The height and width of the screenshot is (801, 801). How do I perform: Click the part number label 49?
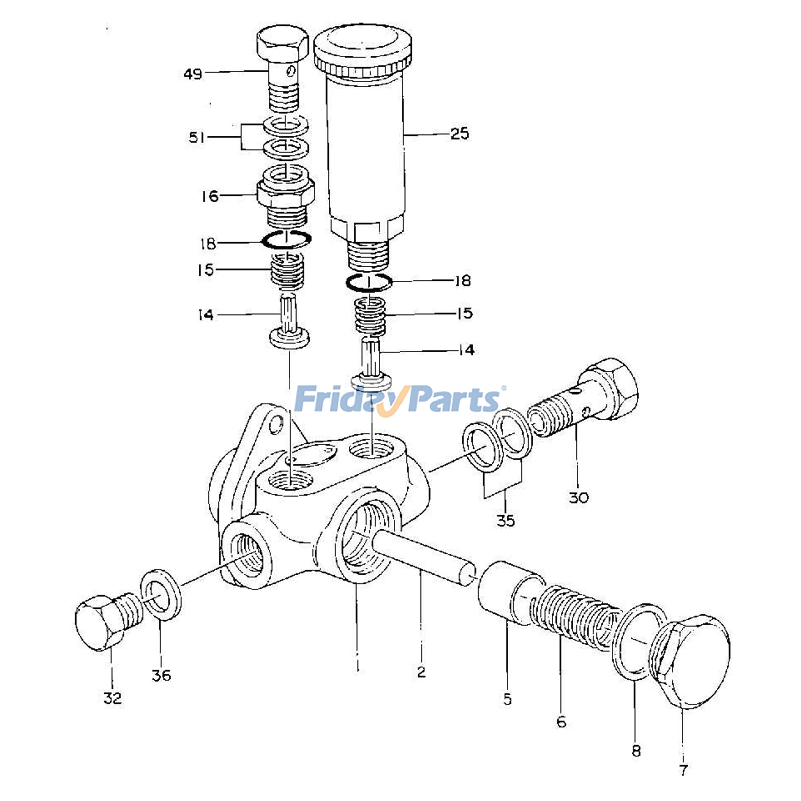[193, 74]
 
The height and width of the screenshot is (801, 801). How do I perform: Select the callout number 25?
[460, 134]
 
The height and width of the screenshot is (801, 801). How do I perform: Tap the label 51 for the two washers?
[197, 137]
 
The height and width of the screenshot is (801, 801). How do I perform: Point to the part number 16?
[210, 196]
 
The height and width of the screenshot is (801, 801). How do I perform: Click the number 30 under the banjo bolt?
[579, 497]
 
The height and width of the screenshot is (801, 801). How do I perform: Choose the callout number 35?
[505, 520]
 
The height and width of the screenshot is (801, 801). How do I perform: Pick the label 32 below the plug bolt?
[113, 698]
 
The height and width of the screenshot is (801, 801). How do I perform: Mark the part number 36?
[161, 675]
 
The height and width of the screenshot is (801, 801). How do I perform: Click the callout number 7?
[683, 770]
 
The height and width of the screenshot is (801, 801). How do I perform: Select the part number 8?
[636, 751]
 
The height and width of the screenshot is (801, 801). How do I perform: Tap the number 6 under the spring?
[561, 722]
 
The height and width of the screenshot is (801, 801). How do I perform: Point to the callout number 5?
[507, 699]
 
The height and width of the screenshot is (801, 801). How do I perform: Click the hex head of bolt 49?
[283, 44]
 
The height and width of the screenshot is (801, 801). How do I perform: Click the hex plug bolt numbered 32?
[105, 620]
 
